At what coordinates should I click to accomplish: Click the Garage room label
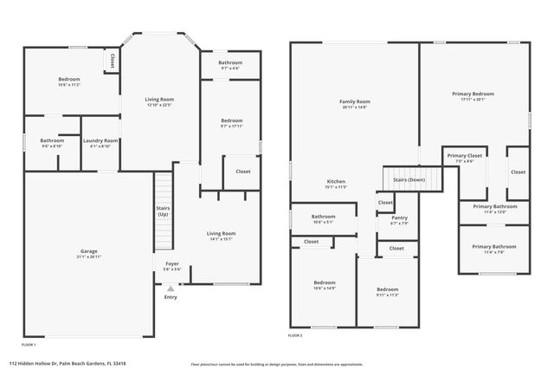(x=83, y=251)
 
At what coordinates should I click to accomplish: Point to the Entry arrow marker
(x=171, y=288)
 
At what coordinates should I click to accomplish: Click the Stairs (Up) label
(x=163, y=211)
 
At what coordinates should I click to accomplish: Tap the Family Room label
(x=355, y=101)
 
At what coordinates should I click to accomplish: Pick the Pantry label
(x=399, y=218)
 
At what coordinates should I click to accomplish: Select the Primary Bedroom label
(x=473, y=93)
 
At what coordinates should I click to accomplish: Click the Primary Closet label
(x=465, y=156)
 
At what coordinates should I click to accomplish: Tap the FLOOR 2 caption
(x=295, y=334)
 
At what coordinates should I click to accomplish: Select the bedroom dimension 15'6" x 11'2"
(x=69, y=85)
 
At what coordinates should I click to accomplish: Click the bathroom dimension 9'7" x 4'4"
(x=230, y=68)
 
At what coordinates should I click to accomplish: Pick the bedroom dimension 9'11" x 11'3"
(x=387, y=295)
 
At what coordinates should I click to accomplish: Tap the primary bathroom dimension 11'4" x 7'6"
(x=493, y=252)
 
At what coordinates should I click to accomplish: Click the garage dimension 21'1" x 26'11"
(x=83, y=257)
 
